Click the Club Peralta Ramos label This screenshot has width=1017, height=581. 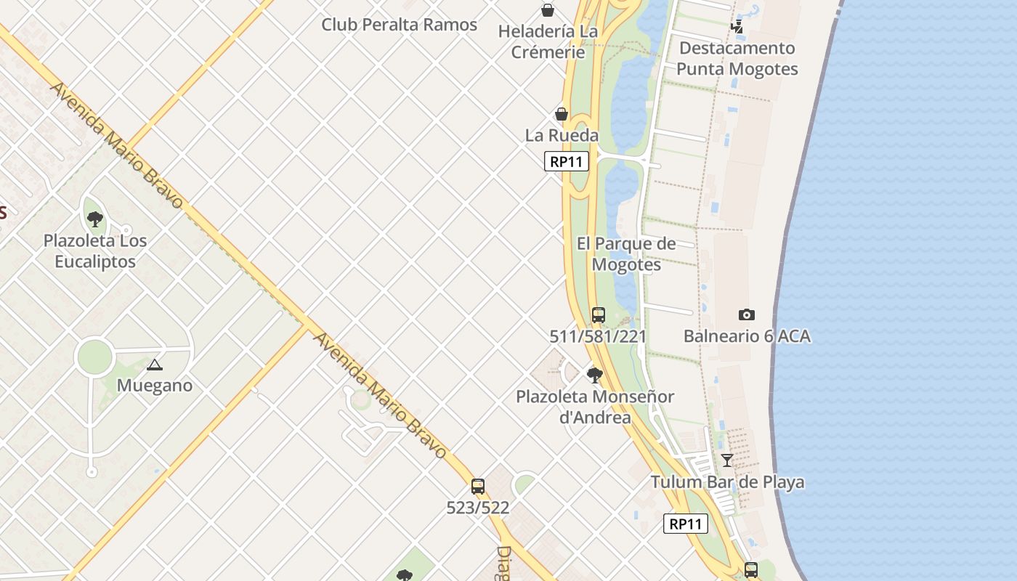click(399, 25)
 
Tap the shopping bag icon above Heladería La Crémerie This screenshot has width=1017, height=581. click(548, 10)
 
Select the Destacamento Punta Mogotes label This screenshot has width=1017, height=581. click(737, 59)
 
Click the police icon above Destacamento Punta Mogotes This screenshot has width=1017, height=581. click(737, 27)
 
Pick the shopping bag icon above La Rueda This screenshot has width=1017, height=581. click(562, 114)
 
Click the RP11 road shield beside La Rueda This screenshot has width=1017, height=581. click(566, 161)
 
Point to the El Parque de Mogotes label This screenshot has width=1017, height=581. click(626, 253)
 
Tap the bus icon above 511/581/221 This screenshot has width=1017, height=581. click(599, 315)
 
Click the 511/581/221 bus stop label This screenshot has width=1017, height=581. click(598, 336)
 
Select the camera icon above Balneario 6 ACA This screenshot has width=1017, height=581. click(746, 314)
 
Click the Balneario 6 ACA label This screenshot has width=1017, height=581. click(747, 336)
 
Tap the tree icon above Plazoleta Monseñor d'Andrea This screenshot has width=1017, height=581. click(595, 375)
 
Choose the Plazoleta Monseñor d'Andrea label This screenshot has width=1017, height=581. click(595, 407)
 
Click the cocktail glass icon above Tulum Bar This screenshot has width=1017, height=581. click(726, 460)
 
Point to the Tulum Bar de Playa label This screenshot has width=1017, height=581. click(727, 482)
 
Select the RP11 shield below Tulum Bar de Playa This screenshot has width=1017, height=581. click(685, 524)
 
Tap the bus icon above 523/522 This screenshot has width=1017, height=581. click(477, 487)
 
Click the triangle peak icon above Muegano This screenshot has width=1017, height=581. click(154, 365)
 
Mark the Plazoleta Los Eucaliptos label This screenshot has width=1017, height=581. click(95, 251)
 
